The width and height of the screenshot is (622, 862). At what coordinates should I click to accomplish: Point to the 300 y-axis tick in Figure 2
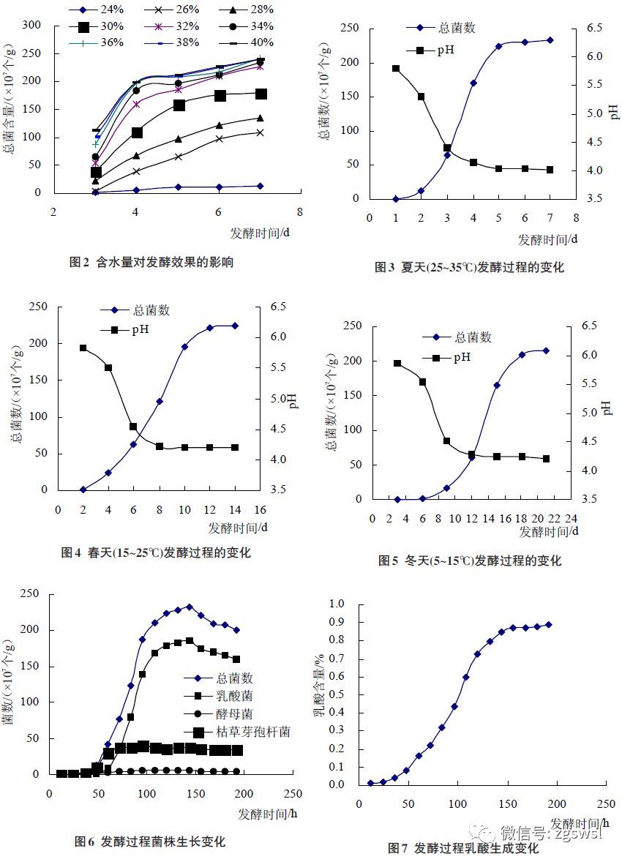pos(32,25)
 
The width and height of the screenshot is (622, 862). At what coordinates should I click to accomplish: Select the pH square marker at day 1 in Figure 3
pos(396,69)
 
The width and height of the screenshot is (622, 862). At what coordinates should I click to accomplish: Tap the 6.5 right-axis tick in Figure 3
pos(593,28)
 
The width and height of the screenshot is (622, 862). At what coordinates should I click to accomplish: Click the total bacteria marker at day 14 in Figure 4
pos(235,326)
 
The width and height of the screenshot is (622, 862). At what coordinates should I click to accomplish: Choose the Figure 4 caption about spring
pos(155,553)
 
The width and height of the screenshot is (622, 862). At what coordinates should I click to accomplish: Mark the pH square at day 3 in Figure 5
pos(397,363)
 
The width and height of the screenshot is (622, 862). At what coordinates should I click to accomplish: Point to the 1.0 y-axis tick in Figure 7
pos(337,604)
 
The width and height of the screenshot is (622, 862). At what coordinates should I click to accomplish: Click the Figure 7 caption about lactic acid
pos(462,849)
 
